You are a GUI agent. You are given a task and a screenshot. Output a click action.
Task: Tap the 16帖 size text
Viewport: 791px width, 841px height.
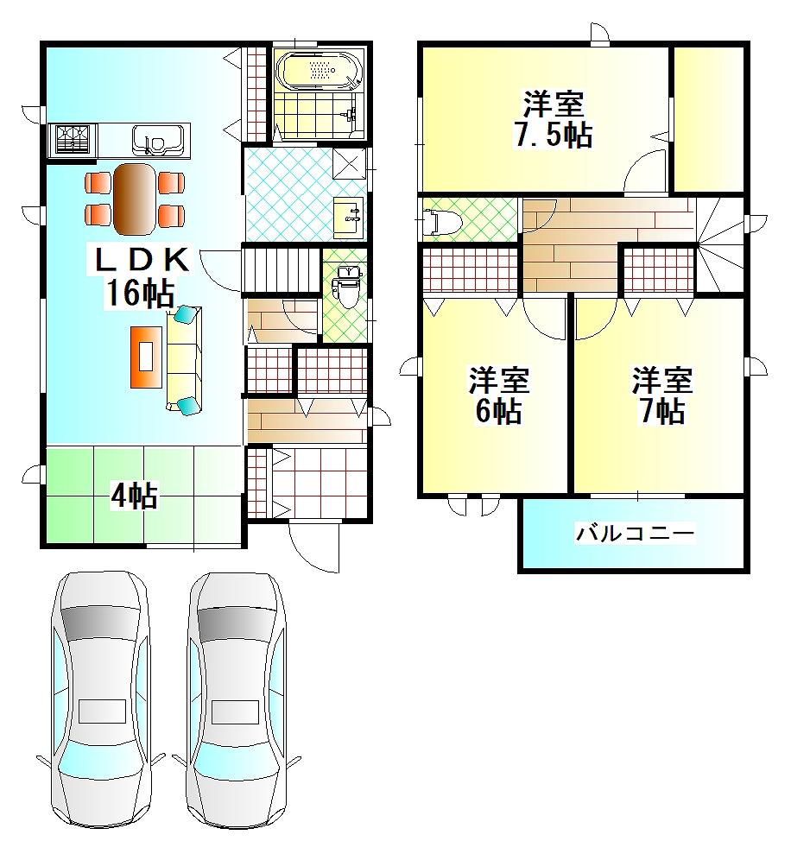tap(140, 293)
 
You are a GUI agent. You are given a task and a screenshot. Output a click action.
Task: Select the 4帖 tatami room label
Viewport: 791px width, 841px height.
tap(134, 496)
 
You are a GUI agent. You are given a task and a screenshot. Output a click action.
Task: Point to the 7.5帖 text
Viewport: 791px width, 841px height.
tap(554, 136)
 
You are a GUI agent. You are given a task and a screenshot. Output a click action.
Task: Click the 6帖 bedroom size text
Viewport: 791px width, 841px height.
tap(499, 411)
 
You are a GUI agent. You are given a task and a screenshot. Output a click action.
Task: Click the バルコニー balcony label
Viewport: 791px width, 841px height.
tap(636, 533)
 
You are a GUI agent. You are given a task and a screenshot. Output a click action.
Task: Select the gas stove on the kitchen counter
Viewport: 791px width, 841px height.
tap(72, 140)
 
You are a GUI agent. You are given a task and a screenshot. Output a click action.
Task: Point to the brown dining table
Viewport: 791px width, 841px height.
tap(134, 199)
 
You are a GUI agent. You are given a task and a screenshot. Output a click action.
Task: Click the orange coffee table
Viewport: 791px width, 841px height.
tap(147, 357)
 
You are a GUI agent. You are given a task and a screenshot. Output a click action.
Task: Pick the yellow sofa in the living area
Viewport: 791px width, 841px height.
tap(184, 359)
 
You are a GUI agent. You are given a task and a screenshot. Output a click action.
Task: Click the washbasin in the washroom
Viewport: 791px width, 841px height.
tap(350, 218)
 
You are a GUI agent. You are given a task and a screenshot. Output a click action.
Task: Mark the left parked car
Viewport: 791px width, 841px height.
tap(101, 701)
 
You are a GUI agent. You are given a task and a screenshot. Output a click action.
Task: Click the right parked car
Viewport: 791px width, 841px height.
tap(236, 701)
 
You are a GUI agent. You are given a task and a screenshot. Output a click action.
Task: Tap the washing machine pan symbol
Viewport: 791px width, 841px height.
tap(350, 162)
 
